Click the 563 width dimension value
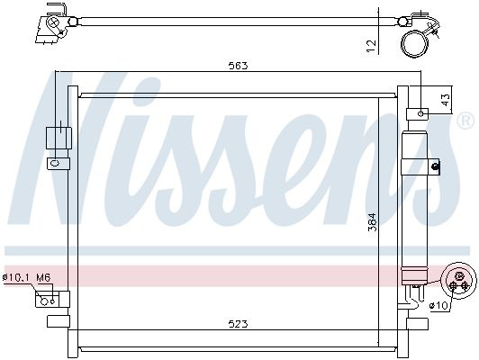[239, 66]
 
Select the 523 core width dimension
[239, 324]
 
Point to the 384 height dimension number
[373, 221]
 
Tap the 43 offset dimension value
[446, 100]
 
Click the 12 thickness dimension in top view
[371, 46]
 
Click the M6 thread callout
[43, 277]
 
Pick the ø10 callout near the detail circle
[438, 305]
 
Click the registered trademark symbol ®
[465, 121]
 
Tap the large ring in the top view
[415, 43]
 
